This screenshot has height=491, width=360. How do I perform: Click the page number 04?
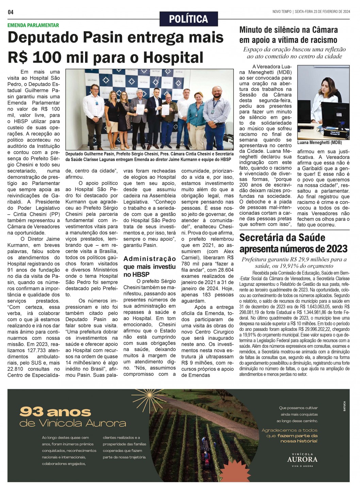(11, 12)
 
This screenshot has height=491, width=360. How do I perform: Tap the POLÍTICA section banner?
(189, 19)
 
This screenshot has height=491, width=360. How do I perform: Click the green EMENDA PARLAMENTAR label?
(33, 25)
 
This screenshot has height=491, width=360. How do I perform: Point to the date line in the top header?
(311, 12)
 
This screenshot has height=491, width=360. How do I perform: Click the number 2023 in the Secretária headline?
(334, 249)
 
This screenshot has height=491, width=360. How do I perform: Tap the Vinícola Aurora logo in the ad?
(302, 459)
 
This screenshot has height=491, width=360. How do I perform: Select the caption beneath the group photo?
(149, 157)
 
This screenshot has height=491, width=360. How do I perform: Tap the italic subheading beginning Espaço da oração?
(294, 53)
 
